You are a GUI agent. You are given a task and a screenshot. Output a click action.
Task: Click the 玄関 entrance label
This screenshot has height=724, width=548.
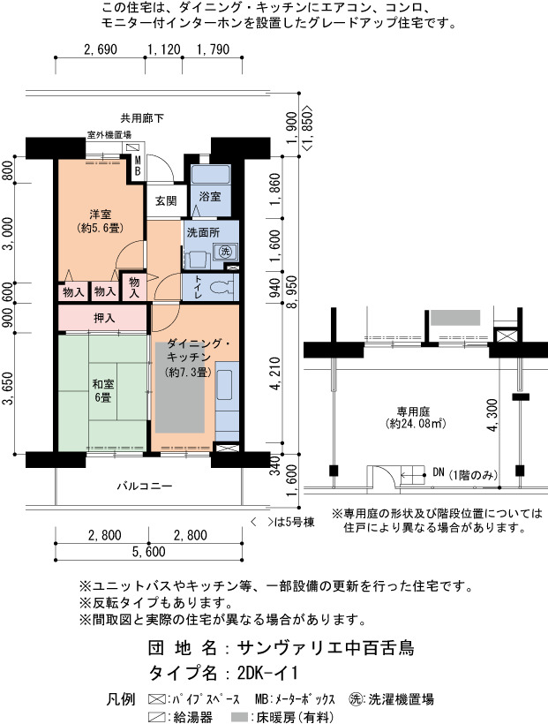166,200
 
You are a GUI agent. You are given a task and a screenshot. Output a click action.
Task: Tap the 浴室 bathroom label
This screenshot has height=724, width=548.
210,197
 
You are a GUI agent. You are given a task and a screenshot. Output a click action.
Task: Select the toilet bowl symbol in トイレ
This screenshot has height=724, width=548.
221,287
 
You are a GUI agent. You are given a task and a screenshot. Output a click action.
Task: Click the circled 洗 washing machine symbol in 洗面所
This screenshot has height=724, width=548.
225,252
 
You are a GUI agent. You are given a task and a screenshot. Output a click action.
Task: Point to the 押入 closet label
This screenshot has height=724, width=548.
104,318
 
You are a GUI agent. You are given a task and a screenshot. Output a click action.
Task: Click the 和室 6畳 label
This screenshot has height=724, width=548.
103,390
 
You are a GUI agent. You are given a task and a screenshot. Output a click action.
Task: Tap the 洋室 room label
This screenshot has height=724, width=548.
101,215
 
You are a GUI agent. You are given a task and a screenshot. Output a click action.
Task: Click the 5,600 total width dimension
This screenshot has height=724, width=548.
148,551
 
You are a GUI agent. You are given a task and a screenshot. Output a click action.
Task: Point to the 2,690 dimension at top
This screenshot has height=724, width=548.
101,49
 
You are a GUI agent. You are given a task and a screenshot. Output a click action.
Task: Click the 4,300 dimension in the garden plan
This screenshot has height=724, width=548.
492,415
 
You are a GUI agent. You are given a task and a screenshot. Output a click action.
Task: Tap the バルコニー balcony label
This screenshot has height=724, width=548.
144,486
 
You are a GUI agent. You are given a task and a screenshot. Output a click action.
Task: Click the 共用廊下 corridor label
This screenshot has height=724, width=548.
142,118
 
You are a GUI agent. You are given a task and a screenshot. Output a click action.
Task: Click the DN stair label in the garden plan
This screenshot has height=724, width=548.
439,473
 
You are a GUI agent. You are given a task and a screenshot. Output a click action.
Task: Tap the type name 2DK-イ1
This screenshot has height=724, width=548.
267,673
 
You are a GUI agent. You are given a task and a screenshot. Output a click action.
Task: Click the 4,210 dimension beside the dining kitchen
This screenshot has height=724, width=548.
275,373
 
